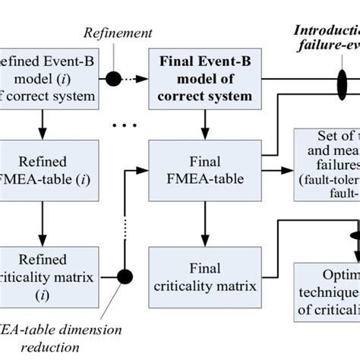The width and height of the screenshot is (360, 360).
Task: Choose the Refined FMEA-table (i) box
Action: (x=49, y=172)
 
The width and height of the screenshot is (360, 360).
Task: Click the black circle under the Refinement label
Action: (x=112, y=78)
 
